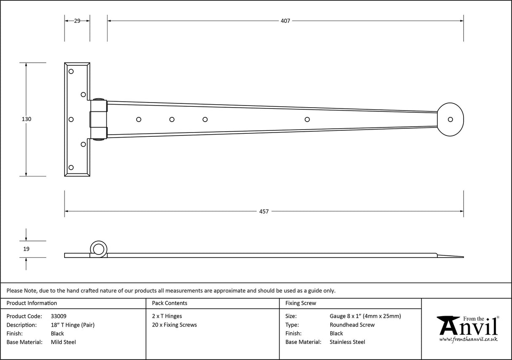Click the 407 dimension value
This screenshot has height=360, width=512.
click(x=286, y=21)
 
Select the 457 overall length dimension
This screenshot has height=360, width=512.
click(x=264, y=211)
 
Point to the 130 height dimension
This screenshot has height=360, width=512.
click(x=26, y=119)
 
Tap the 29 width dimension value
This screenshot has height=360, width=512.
click(x=77, y=21)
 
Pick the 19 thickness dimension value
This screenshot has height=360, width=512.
click(x=26, y=249)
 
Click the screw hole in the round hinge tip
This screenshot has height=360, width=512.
click(x=450, y=119)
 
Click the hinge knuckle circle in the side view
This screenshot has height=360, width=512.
click(x=99, y=249)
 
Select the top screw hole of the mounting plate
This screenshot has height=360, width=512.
click(x=71, y=71)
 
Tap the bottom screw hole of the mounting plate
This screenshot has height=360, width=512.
click(x=71, y=168)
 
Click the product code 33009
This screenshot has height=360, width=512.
click(x=58, y=316)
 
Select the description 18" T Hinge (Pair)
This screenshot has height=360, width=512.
click(x=73, y=325)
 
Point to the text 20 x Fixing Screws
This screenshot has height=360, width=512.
click(x=174, y=325)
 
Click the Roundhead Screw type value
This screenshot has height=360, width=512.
click(x=352, y=325)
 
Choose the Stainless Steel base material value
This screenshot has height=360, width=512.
click(x=348, y=342)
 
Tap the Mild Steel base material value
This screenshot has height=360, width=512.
click(x=63, y=342)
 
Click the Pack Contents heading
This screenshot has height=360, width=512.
click(x=170, y=303)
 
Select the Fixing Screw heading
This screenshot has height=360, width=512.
click(x=301, y=303)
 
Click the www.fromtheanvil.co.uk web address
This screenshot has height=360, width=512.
click(x=469, y=339)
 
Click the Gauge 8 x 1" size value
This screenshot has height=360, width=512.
click(x=365, y=316)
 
